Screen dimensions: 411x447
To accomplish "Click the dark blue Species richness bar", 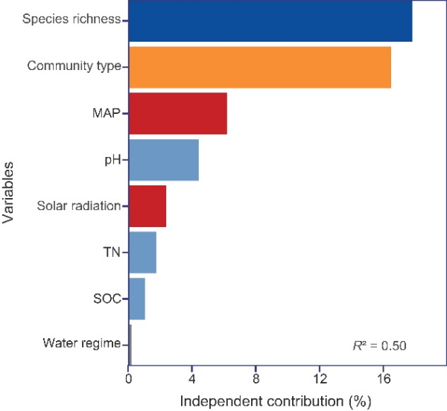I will [x=270, y=21].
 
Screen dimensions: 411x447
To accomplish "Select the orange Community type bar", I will [x=259, y=67].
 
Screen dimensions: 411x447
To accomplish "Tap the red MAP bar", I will [x=177, y=113].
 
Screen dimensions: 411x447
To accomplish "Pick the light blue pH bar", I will [x=163, y=159].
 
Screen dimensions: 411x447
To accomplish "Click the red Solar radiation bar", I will [x=147, y=205].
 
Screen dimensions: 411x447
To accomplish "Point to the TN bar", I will [x=142, y=252].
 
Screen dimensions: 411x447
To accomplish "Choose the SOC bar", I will [x=136, y=298].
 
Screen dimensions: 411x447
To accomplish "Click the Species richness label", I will [x=72, y=19].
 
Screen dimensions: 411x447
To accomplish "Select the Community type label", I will [x=74, y=66].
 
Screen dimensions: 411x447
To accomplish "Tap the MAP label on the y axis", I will [x=107, y=113].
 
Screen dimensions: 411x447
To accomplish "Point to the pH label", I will [x=113, y=159].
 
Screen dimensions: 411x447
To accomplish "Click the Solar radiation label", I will [x=79, y=205].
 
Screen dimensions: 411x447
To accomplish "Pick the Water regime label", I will [x=81, y=343].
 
